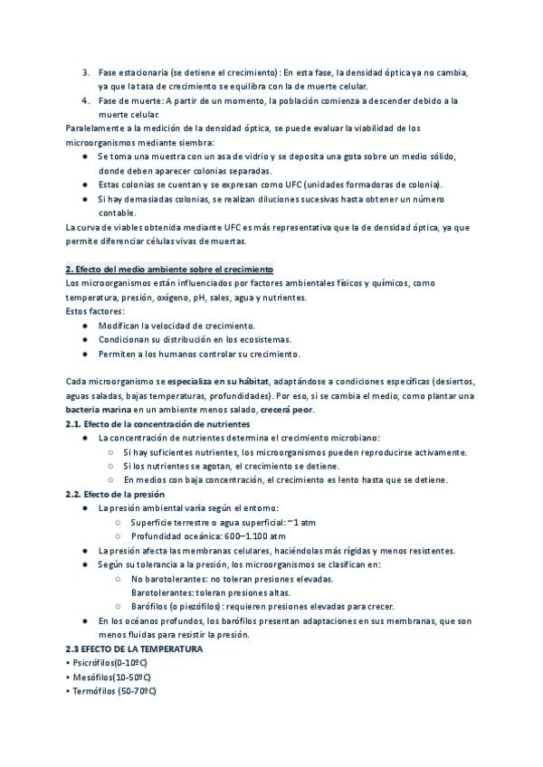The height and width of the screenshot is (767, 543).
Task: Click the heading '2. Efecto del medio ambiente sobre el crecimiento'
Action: tap(169, 270)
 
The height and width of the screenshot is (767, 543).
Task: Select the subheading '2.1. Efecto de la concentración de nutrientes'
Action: tap(157, 424)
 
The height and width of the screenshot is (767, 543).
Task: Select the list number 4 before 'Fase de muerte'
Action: tap(85, 100)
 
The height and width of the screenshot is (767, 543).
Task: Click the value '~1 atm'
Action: tap(300, 522)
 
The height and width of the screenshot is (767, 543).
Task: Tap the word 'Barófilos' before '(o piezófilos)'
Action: tap(150, 606)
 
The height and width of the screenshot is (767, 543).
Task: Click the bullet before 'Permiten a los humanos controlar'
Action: tap(85, 354)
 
